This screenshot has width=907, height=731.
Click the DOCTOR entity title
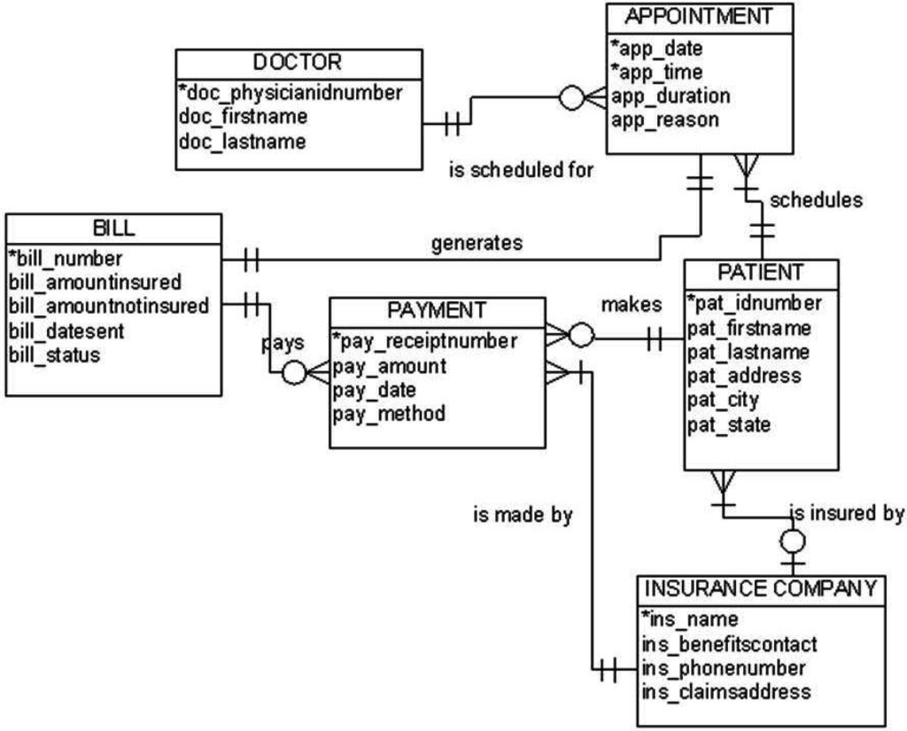point(298,62)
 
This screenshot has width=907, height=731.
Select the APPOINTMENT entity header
point(699,16)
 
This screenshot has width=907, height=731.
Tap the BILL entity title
point(113,228)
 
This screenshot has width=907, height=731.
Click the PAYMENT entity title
point(437,310)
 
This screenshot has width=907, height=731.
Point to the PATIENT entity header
point(761,271)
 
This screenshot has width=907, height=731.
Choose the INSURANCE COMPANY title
point(761,588)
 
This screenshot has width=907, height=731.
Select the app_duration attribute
point(671,96)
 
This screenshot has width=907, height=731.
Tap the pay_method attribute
point(389,414)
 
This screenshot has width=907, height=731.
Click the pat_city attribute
point(723,400)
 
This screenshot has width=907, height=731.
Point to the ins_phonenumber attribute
point(723,667)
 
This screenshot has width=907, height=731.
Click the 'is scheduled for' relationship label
point(522,169)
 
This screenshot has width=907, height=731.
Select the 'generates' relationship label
point(477,243)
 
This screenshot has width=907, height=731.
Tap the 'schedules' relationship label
point(816,200)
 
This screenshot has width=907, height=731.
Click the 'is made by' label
point(523,515)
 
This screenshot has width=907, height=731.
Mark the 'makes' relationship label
point(632,305)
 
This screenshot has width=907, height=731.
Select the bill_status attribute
point(54,355)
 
